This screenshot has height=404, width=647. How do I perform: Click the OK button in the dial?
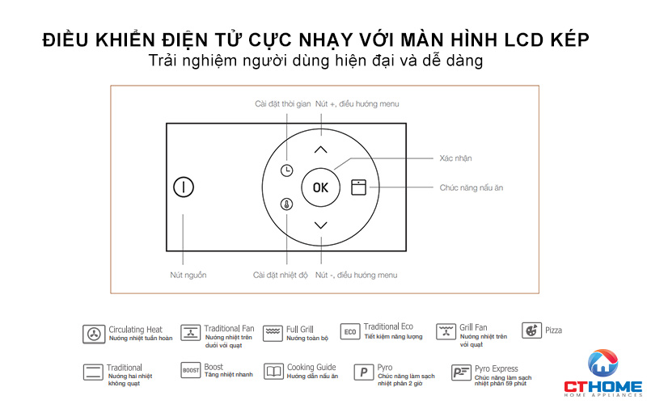tap(321, 187)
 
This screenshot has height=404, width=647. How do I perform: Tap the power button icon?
tap(184, 187)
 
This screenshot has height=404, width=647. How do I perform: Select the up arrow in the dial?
tap(321, 149)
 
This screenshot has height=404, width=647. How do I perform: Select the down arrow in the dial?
tap(321, 225)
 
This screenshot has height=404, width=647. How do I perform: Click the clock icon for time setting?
tap(287, 170)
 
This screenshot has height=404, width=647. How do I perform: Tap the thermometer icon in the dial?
tap(287, 204)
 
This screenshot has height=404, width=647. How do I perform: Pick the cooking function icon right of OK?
tap(358, 187)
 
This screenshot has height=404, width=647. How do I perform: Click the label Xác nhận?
tap(456, 158)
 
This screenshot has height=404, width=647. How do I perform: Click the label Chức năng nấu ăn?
tap(472, 187)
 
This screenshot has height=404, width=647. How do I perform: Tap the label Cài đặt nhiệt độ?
tap(281, 276)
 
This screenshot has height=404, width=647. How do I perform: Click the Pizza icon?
tap(531, 330)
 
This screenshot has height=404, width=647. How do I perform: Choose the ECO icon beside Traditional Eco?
tap(350, 332)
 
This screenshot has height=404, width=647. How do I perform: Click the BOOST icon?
tap(190, 371)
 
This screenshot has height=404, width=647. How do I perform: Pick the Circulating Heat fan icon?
tap(94, 333)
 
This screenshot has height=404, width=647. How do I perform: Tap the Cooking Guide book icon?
tap(274, 372)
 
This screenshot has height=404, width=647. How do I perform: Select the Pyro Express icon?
tap(461, 372)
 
